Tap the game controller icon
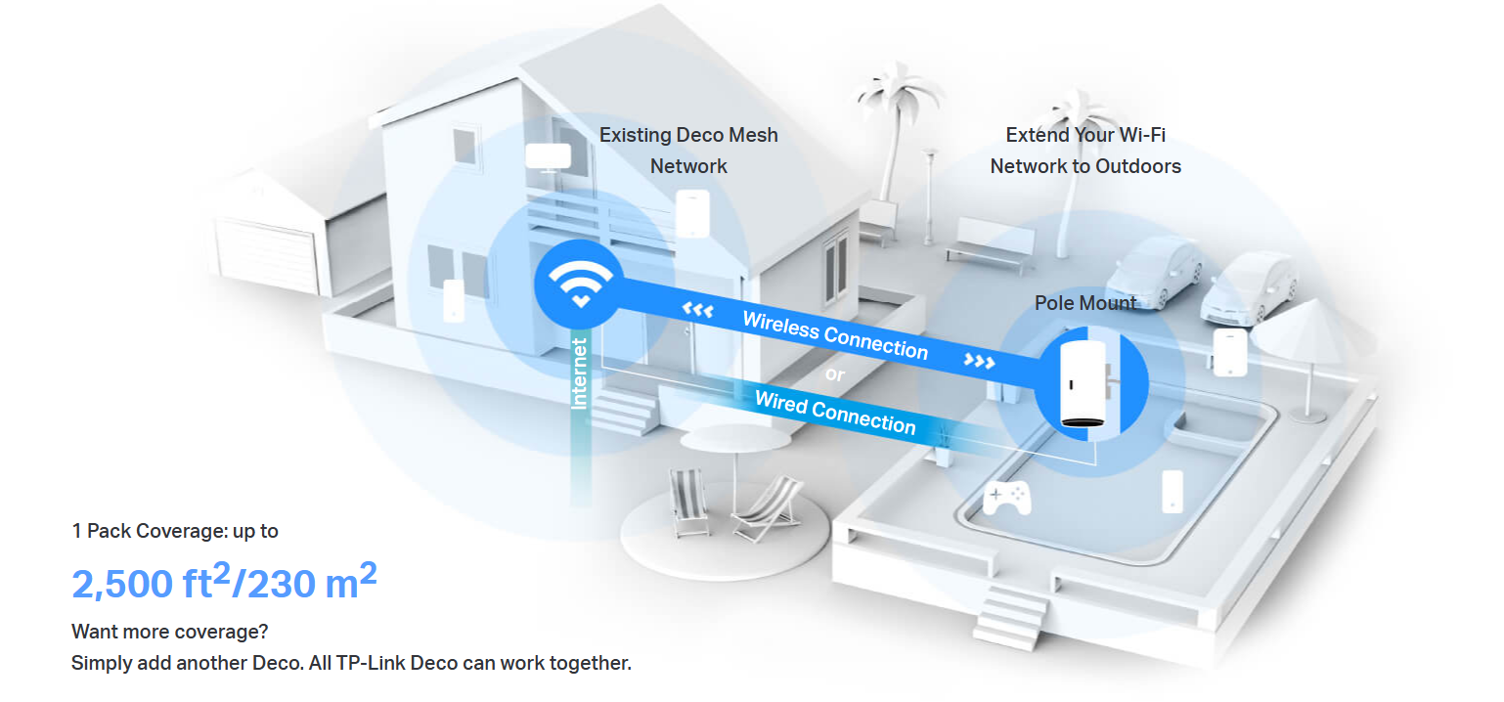(1005, 497)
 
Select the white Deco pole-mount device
(1082, 382)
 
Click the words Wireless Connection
(834, 334)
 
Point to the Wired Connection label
(835, 412)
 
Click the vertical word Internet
(581, 373)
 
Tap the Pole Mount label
(1085, 303)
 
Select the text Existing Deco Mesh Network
(688, 151)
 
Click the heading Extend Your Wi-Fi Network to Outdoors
(1085, 151)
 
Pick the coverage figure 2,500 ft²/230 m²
(224, 582)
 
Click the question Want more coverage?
(170, 632)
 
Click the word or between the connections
(834, 374)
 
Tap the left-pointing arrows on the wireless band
(698, 311)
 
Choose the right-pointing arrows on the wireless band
(979, 361)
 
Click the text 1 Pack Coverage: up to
(175, 531)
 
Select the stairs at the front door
(626, 407)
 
